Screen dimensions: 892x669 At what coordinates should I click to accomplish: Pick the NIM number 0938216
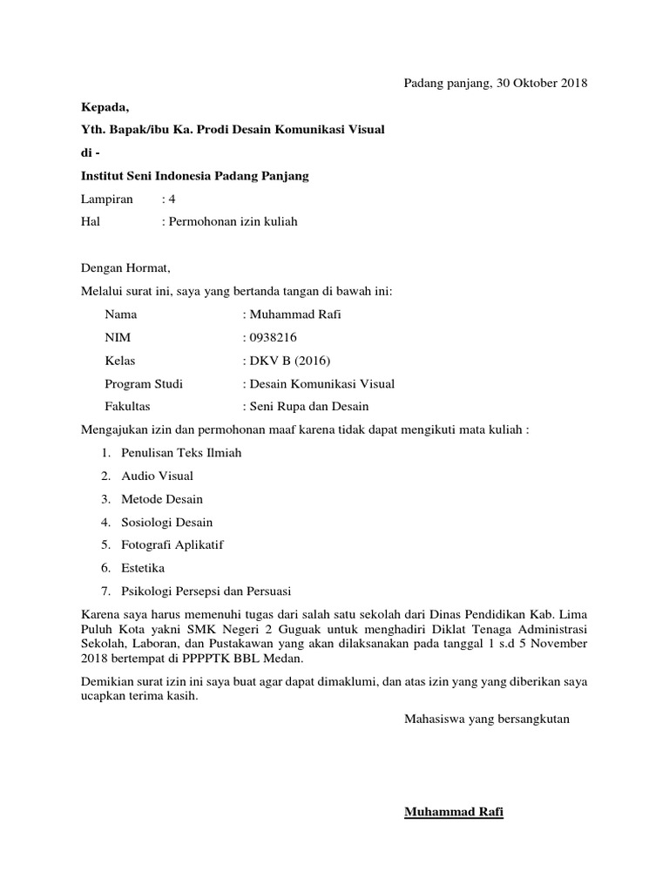[274, 337]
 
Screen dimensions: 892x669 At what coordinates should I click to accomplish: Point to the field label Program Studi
[144, 383]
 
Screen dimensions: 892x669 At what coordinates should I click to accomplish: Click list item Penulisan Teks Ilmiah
[181, 453]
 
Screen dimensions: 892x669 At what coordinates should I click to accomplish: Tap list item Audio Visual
[158, 476]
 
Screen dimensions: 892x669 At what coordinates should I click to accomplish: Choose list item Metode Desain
[162, 499]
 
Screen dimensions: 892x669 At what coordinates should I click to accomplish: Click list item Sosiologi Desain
[167, 522]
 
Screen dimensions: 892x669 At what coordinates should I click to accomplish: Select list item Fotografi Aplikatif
[172, 544]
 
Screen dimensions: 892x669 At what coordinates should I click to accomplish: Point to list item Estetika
[143, 567]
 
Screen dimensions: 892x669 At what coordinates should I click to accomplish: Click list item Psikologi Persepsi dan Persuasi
[206, 590]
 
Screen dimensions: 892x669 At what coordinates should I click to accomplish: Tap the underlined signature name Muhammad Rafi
[454, 813]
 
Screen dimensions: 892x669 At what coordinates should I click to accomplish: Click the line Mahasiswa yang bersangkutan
[486, 720]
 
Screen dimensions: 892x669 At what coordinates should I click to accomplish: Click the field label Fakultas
[127, 406]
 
